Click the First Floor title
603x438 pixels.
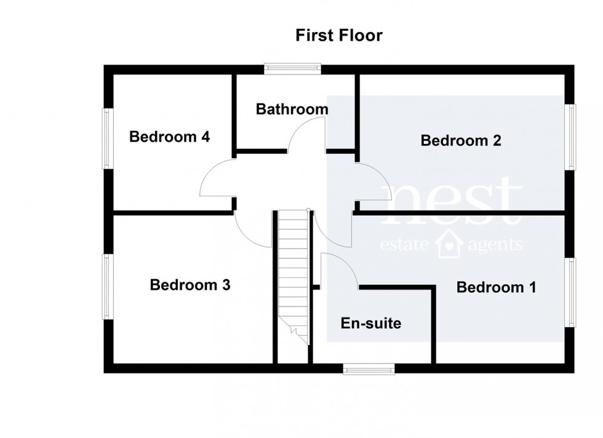coord(339,36)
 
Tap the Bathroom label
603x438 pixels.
coord(292,109)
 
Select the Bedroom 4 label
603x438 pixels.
coord(169,137)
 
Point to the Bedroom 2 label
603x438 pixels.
coord(461,141)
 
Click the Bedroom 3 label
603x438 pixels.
coord(190,285)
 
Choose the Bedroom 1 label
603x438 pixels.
coord(497,287)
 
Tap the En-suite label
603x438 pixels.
coord(370,323)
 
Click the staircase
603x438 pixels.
coord(292,271)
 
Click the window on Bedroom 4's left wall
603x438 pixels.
coord(107,138)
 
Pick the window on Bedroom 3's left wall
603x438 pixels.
coord(107,287)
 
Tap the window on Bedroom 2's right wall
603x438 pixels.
coord(572,137)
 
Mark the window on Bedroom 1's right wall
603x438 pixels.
coord(572,292)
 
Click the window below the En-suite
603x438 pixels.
coord(369,368)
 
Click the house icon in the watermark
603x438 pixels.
coord(449,244)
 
